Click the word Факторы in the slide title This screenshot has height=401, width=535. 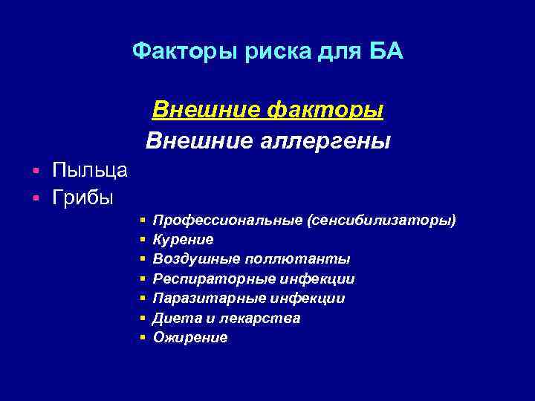[173, 52]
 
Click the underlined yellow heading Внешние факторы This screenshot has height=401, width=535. [267, 110]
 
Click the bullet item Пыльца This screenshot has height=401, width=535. [90, 170]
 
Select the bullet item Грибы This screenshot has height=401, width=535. [82, 198]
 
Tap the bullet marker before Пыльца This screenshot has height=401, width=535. [36, 172]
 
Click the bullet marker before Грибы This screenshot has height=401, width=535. [36, 199]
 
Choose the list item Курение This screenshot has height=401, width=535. [183, 239]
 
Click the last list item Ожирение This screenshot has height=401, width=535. [190, 337]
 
